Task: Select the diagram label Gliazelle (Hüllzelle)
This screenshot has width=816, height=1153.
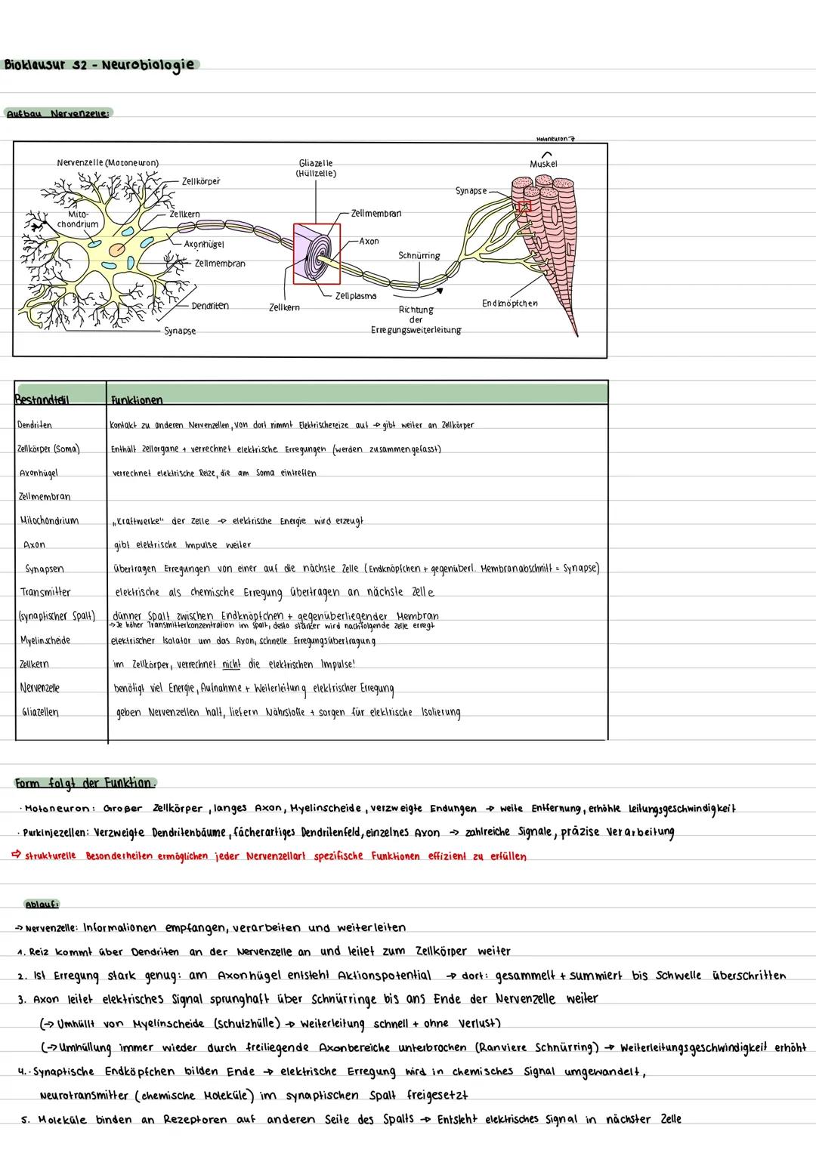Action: [x=316, y=168]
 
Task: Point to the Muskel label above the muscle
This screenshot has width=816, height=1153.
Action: [x=543, y=164]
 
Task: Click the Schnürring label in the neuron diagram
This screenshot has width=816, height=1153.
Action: [x=419, y=256]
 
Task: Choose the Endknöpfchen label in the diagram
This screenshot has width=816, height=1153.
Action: [x=510, y=304]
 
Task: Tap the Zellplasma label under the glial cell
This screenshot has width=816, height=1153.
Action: [x=356, y=296]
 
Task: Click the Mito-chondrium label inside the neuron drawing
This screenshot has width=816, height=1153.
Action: [x=79, y=219]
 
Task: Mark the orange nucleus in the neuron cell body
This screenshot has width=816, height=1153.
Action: [x=118, y=249]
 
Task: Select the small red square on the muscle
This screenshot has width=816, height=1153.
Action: [x=524, y=205]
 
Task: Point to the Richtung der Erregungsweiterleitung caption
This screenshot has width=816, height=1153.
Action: [x=416, y=320]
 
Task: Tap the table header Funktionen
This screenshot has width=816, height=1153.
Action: [x=137, y=399]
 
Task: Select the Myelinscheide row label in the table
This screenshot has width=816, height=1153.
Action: [x=45, y=640]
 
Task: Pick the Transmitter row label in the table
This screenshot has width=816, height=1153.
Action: [x=46, y=592]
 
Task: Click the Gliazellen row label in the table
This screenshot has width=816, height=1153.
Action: [x=41, y=712]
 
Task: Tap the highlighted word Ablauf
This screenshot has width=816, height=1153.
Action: [x=42, y=904]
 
